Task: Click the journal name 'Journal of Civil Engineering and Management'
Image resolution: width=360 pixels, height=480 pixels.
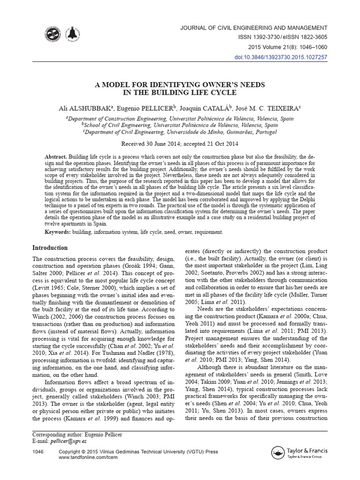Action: (254, 28)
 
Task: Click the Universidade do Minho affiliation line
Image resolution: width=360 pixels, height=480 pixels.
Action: (180, 132)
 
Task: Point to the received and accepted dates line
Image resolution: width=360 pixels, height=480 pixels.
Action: (180, 144)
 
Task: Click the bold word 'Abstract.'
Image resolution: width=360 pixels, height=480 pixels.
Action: (56, 156)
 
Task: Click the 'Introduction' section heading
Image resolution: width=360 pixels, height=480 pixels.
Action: (50, 248)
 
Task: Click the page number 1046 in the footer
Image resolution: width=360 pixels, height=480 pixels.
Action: (38, 452)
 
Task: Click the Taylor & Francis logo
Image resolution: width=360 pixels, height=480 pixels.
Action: (300, 453)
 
